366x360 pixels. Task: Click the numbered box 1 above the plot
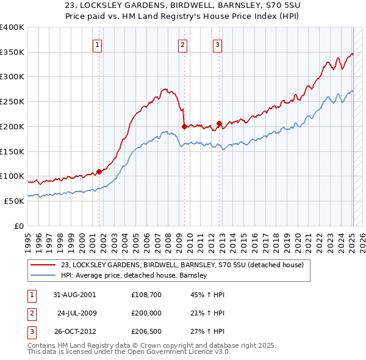coord(98,44)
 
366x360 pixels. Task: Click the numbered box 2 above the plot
coord(182,44)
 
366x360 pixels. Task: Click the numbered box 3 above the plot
coord(218,44)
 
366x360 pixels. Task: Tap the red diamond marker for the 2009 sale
coord(184,127)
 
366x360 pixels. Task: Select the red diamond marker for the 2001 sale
coord(99,172)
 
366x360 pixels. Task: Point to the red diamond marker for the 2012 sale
coord(219,124)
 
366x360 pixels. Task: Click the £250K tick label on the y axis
coord(12,102)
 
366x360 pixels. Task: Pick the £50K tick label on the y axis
coord(15,201)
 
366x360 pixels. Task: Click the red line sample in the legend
coord(43,265)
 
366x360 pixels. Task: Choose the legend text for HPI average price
coord(134,275)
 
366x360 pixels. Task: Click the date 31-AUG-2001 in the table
coord(74,294)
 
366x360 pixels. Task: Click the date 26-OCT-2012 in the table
coord(74,332)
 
